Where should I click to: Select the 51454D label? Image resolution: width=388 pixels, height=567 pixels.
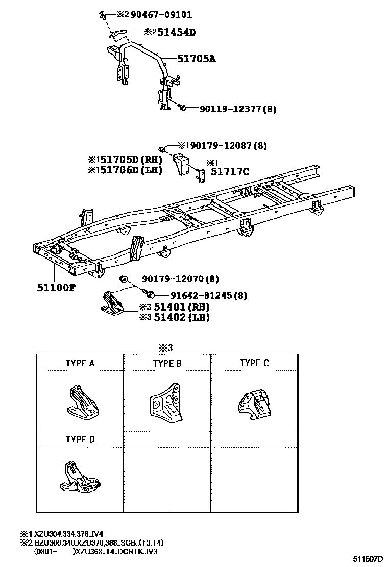(x=176, y=32)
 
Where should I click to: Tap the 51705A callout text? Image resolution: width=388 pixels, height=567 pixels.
(x=197, y=59)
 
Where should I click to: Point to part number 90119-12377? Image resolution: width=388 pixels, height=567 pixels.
(x=230, y=109)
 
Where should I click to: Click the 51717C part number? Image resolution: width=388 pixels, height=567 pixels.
(x=230, y=171)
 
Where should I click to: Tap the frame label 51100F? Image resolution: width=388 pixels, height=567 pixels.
(x=56, y=287)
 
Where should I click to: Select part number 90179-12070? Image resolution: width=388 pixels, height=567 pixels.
(x=174, y=279)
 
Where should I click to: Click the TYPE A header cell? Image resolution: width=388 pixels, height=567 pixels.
(x=80, y=364)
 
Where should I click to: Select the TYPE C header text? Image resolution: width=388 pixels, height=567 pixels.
(x=254, y=363)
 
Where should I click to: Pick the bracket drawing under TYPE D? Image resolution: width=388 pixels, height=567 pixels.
(x=80, y=479)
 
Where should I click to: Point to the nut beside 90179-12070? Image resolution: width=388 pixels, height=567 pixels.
(x=123, y=278)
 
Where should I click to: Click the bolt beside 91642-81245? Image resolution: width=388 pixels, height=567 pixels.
(x=151, y=294)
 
